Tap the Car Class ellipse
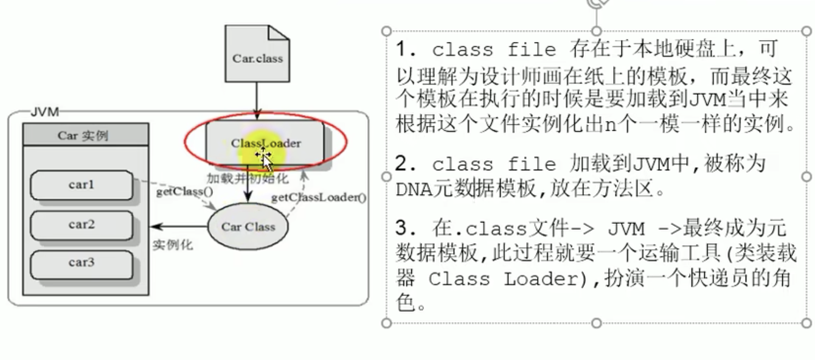coord(248,227)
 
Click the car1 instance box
coord(81,185)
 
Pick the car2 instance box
coord(81,224)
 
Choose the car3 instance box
coord(81,263)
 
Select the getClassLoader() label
coord(318,198)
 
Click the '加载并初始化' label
coord(247,179)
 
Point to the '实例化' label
coord(172,245)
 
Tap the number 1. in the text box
coord(404,49)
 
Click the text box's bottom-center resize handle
coord(596,323)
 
